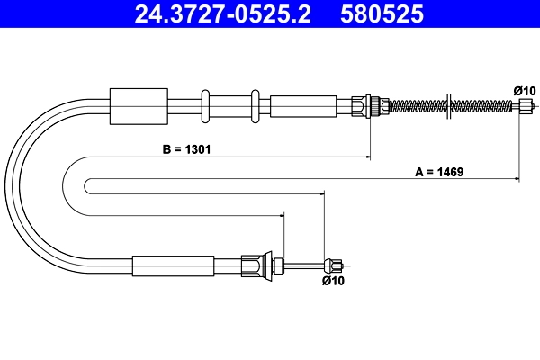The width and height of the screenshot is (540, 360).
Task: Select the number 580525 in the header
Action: pos(381,14)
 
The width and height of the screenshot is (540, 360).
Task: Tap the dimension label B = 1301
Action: pos(187,148)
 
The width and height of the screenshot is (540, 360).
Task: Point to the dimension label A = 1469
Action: pos(438,171)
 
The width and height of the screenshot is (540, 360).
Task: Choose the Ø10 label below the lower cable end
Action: pos(333,281)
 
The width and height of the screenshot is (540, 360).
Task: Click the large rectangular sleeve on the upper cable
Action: pos(138,106)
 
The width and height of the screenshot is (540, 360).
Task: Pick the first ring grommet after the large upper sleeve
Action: pos(206,105)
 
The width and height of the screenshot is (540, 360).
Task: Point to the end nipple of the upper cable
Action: pos(526,105)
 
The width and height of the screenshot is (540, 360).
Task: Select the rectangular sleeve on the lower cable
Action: pos(174,265)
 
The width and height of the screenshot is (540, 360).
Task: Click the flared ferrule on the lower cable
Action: pos(259,265)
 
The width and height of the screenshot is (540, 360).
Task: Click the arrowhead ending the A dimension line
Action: pos(517,180)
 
